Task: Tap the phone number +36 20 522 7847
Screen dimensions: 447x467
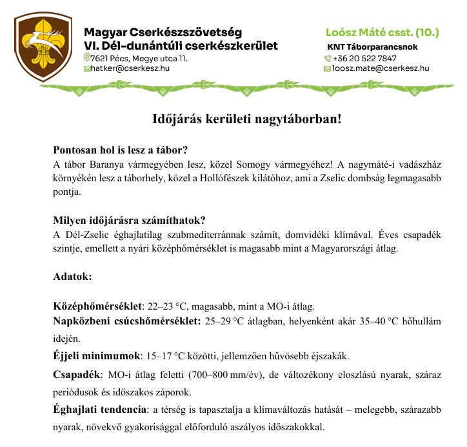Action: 364,58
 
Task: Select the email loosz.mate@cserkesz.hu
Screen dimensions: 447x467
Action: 380,68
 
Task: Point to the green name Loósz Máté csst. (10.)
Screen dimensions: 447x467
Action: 383,32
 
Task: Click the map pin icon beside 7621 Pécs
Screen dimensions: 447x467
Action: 87,58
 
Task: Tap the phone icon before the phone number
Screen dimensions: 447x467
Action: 328,58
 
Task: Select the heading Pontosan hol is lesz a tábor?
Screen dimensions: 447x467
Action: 121,150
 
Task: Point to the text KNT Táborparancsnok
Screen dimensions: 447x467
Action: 373,47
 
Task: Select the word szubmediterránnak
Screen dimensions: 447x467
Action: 244,235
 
